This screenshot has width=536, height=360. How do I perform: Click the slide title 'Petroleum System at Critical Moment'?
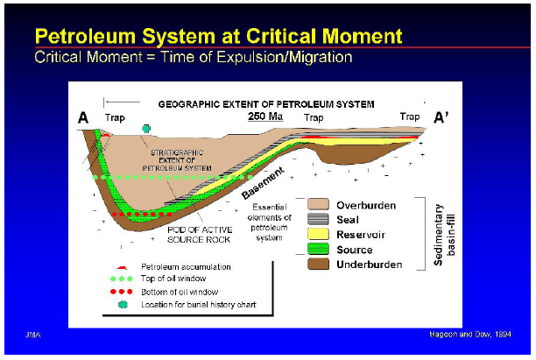click(217, 36)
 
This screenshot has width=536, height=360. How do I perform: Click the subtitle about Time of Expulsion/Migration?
click(193, 57)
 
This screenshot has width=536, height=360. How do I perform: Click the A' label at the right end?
click(444, 117)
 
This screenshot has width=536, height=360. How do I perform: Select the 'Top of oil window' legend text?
click(174, 278)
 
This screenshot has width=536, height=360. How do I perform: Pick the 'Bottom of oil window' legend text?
click(179, 291)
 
